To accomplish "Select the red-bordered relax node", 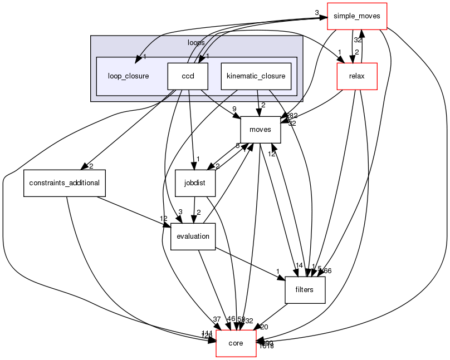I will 357,76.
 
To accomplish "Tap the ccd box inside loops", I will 188,76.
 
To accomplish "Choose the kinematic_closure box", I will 256,76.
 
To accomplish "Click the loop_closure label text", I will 128,76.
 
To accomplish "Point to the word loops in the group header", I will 195,42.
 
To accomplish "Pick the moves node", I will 260,129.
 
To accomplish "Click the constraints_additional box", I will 65,183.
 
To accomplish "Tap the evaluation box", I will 193,236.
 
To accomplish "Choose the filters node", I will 305,290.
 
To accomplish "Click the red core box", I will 236,343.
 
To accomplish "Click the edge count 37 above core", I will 217,319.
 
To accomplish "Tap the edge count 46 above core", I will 231,319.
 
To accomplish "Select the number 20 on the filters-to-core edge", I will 264,327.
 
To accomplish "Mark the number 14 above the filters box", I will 299,265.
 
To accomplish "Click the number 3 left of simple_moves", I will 317,12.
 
